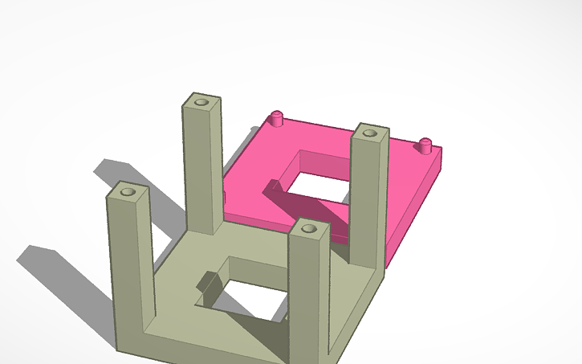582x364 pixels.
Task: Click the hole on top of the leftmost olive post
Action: click(127, 193)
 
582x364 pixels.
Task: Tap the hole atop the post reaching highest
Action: click(199, 103)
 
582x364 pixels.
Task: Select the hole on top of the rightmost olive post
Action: click(369, 133)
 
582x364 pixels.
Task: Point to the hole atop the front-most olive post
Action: click(308, 230)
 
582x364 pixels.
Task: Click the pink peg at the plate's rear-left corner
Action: click(277, 118)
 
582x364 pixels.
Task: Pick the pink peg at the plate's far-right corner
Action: click(425, 145)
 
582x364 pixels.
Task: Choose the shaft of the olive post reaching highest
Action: click(201, 169)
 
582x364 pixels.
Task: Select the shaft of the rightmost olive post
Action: click(368, 201)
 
